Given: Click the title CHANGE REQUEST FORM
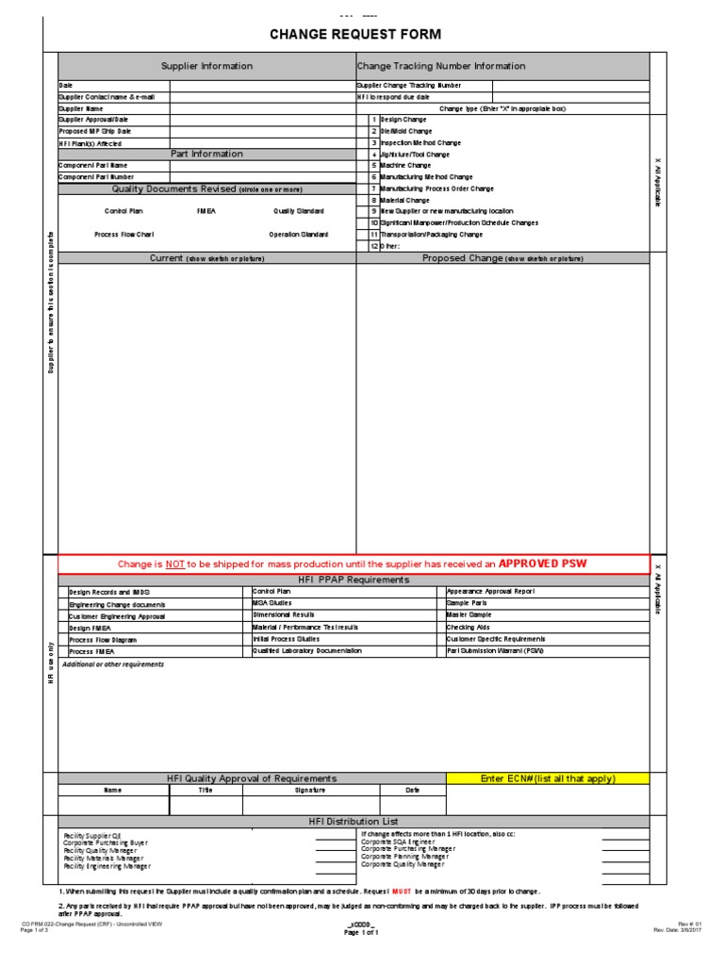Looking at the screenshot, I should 355,35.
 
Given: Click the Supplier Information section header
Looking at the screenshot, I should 206,66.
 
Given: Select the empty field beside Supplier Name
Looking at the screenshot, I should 262,108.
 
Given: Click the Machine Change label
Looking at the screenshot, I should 405,165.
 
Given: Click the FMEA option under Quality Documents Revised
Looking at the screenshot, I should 206,211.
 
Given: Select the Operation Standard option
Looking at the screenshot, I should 298,234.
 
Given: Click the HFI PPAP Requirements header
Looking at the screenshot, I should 354,580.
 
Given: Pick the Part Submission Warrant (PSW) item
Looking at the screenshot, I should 495,650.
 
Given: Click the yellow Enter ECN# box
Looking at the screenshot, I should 547,778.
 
